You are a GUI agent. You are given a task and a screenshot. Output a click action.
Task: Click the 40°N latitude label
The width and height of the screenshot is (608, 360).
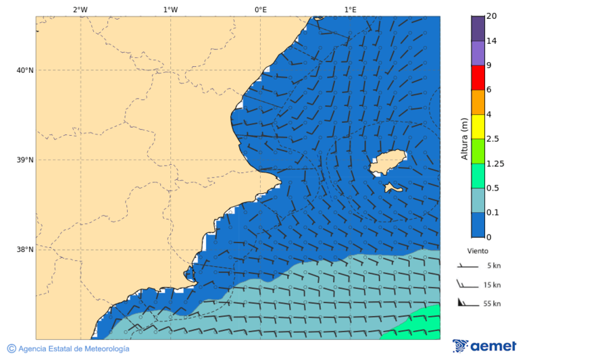pyautogui.click(x=25, y=70)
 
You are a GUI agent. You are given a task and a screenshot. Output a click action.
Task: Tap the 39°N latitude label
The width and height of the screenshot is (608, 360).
pyautogui.click(x=25, y=160)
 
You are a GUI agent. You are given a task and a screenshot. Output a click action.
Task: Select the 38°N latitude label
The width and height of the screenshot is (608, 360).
pyautogui.click(x=25, y=249)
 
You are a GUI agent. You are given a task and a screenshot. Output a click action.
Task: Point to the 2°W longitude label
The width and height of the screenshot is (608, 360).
pyautogui.click(x=80, y=9)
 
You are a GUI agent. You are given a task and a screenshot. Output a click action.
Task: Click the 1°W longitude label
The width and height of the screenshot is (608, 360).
pyautogui.click(x=170, y=9)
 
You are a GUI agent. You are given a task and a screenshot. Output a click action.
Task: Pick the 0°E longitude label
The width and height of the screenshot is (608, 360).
pyautogui.click(x=260, y=9)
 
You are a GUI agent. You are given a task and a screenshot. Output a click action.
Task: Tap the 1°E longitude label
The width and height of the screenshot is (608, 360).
pyautogui.click(x=350, y=9)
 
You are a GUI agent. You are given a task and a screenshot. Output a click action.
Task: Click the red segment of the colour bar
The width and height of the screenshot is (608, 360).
pyautogui.click(x=478, y=78)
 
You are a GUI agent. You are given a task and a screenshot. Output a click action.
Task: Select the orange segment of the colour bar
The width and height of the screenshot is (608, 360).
pyautogui.click(x=478, y=102)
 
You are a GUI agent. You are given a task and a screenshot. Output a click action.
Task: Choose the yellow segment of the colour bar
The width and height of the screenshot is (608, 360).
pyautogui.click(x=478, y=126)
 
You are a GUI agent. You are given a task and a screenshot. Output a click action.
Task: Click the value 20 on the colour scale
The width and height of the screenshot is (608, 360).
pyautogui.click(x=492, y=16)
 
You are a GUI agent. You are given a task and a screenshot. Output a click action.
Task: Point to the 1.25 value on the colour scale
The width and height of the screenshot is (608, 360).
pyautogui.click(x=495, y=163)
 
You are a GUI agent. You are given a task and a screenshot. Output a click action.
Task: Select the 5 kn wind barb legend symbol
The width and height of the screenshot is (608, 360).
pyautogui.click(x=467, y=266)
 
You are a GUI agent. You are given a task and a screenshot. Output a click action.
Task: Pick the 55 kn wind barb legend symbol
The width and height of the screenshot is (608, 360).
pyautogui.click(x=467, y=303)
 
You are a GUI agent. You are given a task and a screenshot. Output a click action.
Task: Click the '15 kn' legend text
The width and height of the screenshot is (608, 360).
pyautogui.click(x=492, y=285)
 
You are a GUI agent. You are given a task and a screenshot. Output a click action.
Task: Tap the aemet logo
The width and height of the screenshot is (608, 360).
pyautogui.click(x=484, y=346)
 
